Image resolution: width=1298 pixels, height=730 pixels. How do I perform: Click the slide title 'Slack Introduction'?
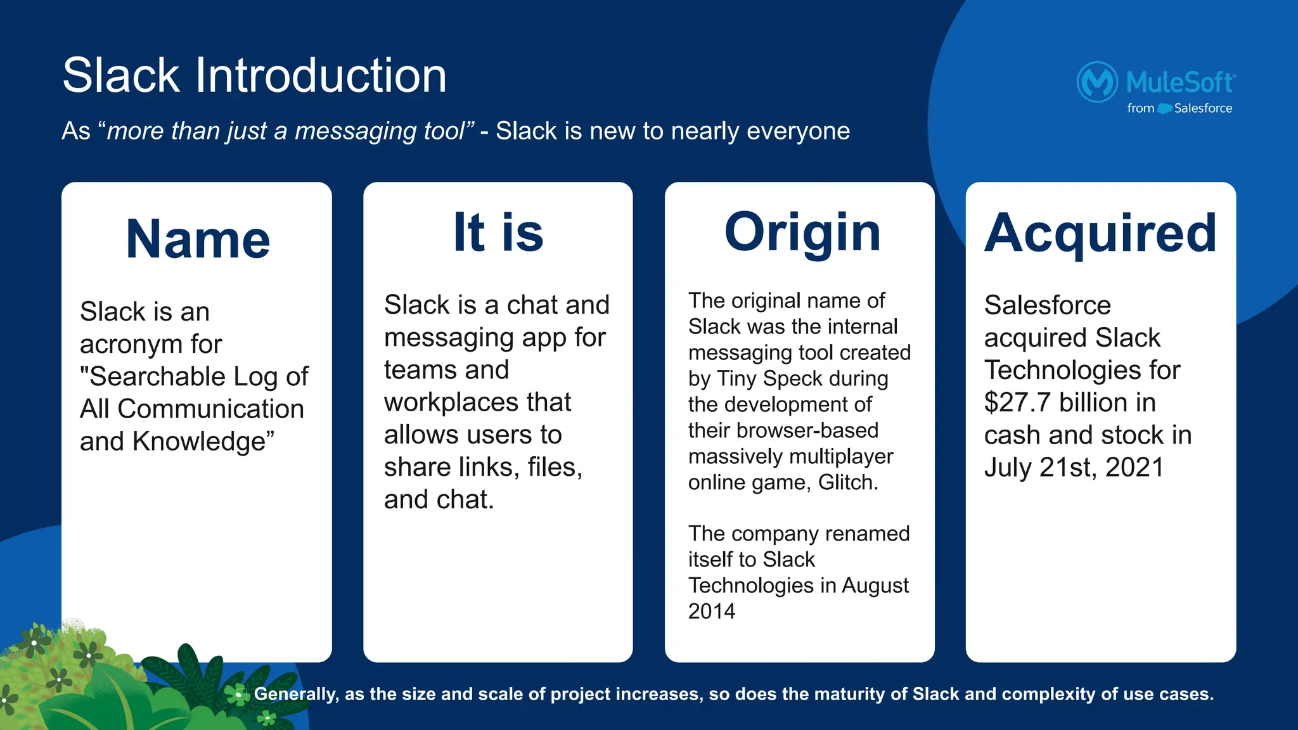254,75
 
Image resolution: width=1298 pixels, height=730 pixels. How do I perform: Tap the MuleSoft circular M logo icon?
1097,82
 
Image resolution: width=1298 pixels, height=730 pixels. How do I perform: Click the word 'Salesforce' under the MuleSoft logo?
1202,108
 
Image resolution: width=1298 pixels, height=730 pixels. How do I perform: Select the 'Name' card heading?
198,240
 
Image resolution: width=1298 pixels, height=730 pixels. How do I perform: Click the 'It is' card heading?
498,233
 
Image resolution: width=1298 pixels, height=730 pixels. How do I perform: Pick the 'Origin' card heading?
802,233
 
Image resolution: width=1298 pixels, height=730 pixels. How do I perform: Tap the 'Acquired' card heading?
1100,233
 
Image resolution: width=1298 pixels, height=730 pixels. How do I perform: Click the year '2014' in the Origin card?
712,612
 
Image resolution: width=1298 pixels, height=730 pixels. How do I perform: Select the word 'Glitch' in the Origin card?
847,483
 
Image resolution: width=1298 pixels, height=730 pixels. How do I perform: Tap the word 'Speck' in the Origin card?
792,379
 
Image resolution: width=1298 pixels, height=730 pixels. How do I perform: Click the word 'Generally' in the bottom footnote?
295,695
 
